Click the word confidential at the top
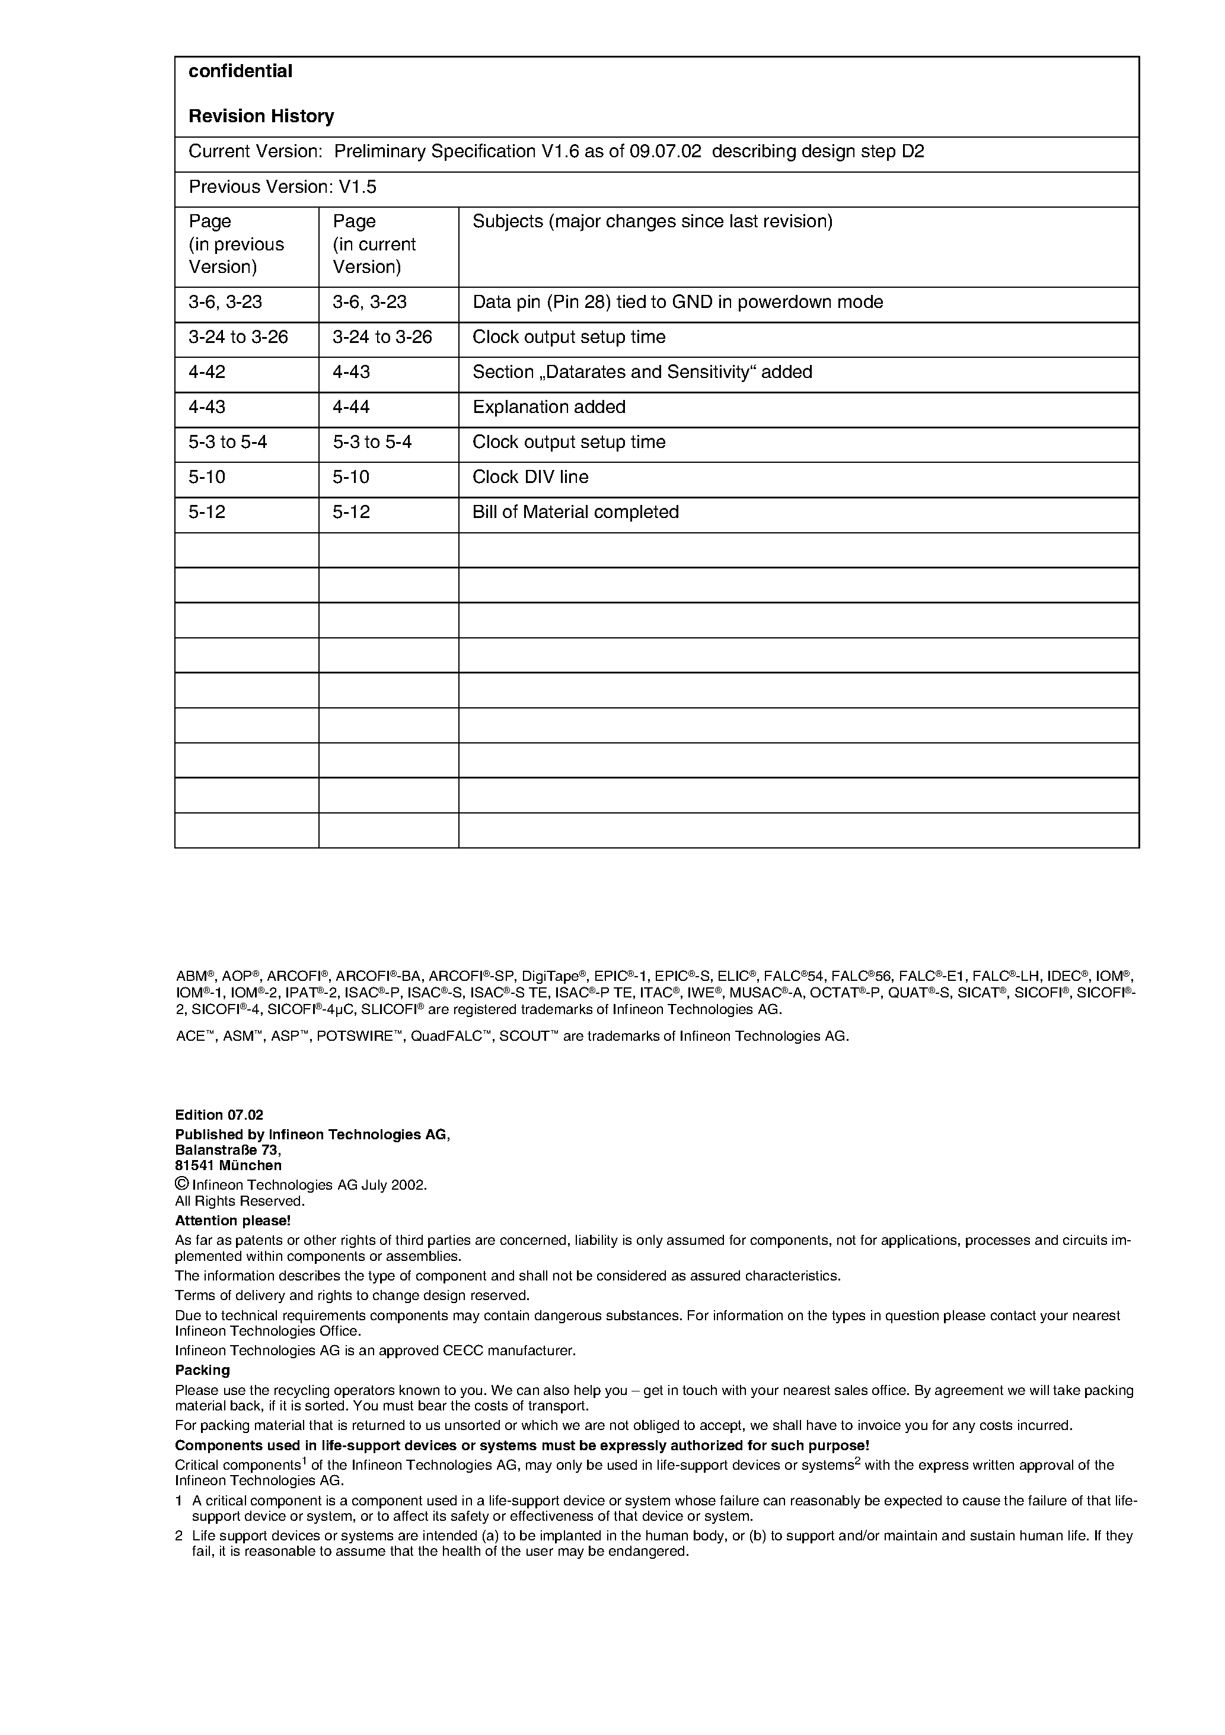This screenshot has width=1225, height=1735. [x=240, y=71]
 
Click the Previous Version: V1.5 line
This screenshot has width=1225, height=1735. [x=282, y=187]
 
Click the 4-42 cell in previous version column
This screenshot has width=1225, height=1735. [x=207, y=372]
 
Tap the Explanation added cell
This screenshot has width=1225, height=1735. [x=548, y=407]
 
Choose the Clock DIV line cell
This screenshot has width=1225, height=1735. [x=530, y=477]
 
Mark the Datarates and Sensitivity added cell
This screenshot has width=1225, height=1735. [x=642, y=372]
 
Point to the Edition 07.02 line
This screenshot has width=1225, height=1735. [x=219, y=1116]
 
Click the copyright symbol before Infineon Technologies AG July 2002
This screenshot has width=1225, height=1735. [x=181, y=1184]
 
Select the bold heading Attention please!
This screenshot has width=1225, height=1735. [x=232, y=1221]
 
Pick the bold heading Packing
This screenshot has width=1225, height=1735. [x=202, y=1370]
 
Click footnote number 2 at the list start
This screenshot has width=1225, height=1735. [x=179, y=1536]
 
